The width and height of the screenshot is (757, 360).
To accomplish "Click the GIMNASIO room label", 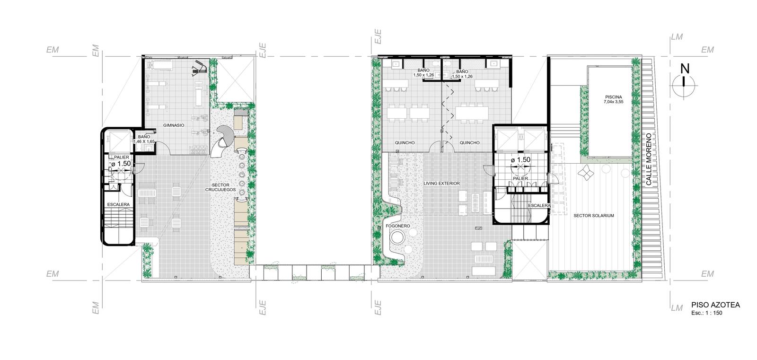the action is tap(174, 125).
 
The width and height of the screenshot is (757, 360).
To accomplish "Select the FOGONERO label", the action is tap(398, 226).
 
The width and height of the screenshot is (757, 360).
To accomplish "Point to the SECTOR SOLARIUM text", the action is tap(593, 216).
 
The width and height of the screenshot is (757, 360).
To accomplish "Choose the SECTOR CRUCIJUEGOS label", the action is tap(220, 187).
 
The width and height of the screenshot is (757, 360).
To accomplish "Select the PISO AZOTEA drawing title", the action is tap(715, 305).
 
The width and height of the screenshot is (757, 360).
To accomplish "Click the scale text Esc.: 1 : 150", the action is tap(707, 313).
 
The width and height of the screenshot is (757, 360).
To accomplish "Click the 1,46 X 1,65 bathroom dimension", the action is tap(144, 141).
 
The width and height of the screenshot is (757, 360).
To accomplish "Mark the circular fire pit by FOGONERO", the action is tap(397, 237).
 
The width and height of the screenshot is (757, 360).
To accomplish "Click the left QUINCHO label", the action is tap(405, 143).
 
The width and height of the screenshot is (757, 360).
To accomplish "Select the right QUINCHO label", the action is tap(469, 143).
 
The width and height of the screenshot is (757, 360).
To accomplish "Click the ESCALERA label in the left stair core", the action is tap(118, 204).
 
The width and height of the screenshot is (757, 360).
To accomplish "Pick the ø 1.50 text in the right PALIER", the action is tap(520, 159).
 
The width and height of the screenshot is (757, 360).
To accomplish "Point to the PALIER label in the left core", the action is tap(121, 158).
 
